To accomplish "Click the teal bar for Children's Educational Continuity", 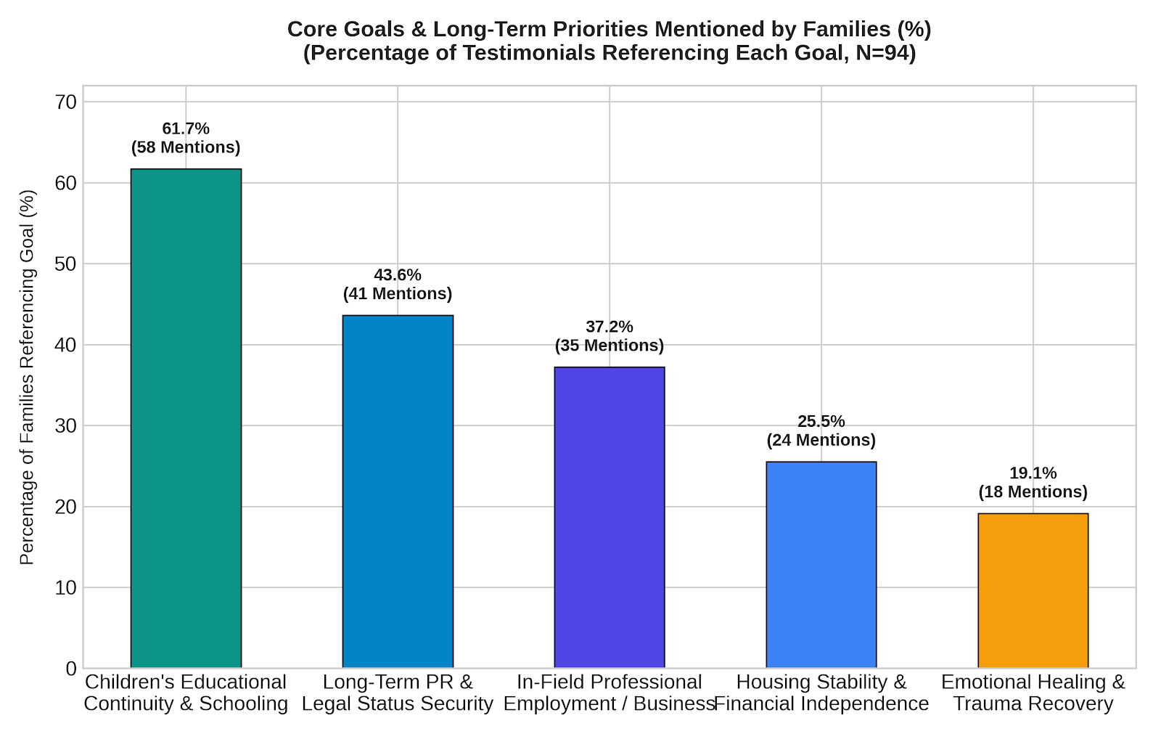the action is (x=186, y=418).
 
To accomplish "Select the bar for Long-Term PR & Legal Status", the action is (x=398, y=492).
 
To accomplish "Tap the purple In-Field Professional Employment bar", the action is (x=610, y=517).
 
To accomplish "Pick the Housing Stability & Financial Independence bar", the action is (x=821, y=564).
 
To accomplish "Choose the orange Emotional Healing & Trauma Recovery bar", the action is (x=1033, y=590).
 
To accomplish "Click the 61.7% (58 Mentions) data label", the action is (x=186, y=138).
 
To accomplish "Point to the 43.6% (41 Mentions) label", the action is (x=398, y=285).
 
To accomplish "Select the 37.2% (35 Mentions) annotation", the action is (x=610, y=336).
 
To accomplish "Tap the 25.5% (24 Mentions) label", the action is (x=821, y=431).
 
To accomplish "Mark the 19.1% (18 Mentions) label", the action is (x=1033, y=482).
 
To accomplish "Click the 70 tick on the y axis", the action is (x=65, y=102).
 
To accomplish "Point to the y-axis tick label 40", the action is (x=65, y=345).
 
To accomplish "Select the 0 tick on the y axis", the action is (x=71, y=669).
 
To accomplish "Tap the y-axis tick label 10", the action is (x=65, y=588).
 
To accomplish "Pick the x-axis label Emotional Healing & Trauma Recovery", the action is (x=1033, y=693).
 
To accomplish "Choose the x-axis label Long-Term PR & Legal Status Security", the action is (x=398, y=693).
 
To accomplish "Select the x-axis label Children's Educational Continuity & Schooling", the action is (x=186, y=693).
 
